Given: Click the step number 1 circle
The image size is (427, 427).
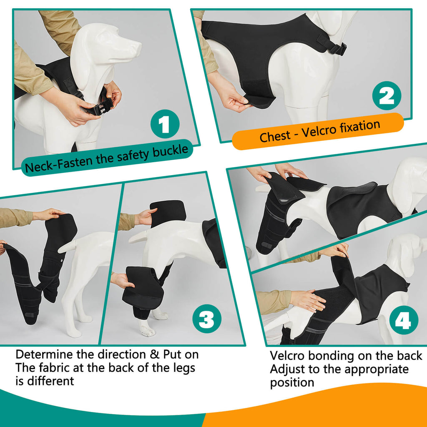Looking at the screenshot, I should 165,123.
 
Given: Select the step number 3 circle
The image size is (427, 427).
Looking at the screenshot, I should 206,321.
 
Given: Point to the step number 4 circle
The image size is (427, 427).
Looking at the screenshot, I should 403,322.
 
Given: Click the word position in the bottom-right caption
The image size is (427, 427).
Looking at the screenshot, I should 292,382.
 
